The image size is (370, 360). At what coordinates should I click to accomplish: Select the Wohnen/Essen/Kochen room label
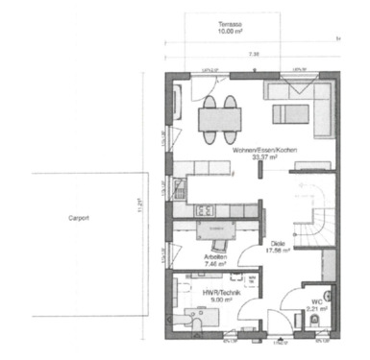pyautogui.click(x=254, y=152)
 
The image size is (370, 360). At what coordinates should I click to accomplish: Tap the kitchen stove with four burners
pyautogui.click(x=204, y=209)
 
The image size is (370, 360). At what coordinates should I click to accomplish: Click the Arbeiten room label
pyautogui.click(x=216, y=257)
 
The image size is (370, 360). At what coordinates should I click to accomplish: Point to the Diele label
pyautogui.click(x=278, y=244)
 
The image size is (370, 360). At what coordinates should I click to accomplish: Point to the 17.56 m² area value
pyautogui.click(x=278, y=252)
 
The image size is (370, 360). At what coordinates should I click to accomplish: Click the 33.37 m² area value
pyautogui.click(x=254, y=159)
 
